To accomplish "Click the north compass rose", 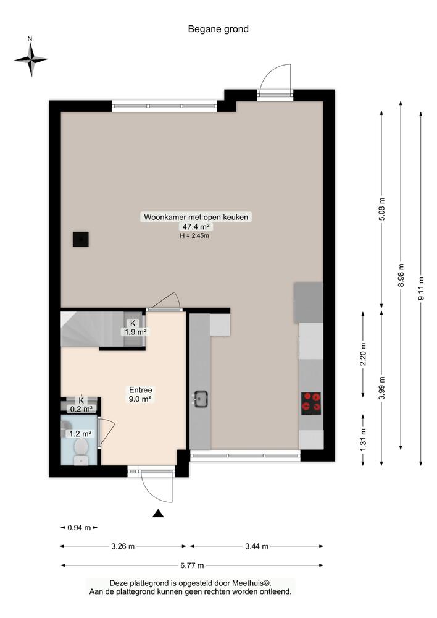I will pos(31,59).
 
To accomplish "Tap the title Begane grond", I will pos(218,28).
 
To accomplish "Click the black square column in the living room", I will pos(80,239).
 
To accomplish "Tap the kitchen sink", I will pos(200,399).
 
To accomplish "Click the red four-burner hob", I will pos(311,402).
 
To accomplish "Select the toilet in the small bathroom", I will pos(80,449).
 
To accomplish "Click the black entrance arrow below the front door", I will pos(158,513).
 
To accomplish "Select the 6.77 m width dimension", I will pos(191,565).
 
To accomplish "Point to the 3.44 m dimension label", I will pos(256,546).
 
